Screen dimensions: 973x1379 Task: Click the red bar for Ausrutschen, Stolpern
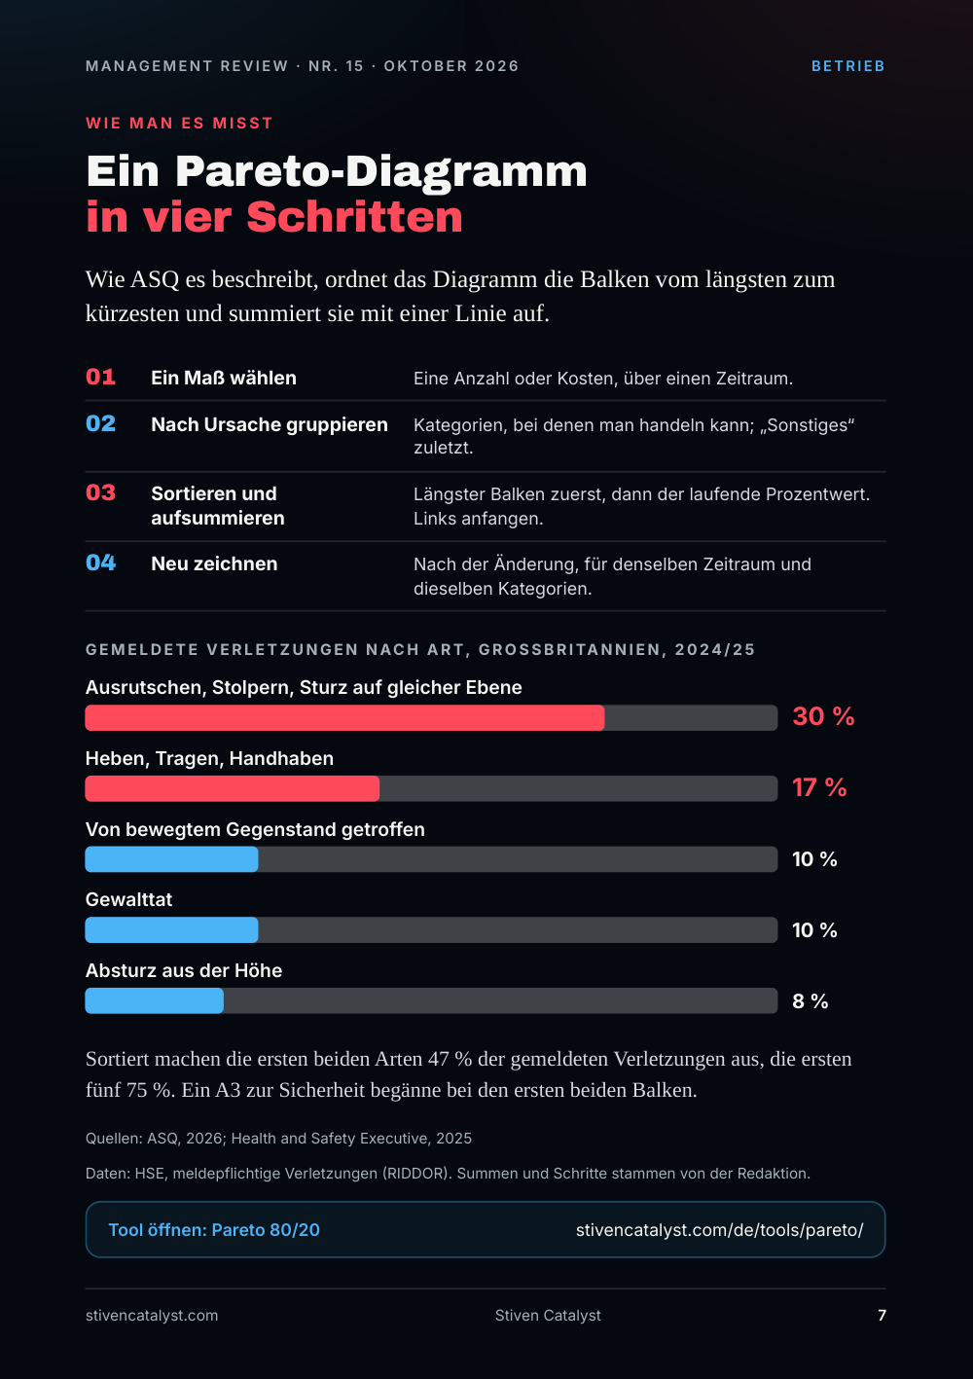click(x=344, y=718)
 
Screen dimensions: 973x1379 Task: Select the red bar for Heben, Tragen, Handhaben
click(x=232, y=788)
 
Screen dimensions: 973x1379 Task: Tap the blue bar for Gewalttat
click(x=171, y=929)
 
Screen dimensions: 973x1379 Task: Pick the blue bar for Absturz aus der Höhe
click(x=155, y=1000)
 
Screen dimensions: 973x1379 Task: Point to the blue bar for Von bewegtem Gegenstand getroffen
click(x=171, y=858)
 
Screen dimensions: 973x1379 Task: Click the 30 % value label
click(x=823, y=716)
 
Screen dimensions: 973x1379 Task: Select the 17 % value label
click(x=819, y=787)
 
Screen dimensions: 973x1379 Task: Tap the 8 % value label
click(x=810, y=1001)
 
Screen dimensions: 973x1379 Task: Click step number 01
click(x=101, y=377)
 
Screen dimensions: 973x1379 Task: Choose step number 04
click(x=101, y=562)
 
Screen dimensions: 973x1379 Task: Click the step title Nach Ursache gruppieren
click(x=270, y=424)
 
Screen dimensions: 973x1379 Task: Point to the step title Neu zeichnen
click(x=214, y=563)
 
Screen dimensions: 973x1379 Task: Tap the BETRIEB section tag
click(x=848, y=66)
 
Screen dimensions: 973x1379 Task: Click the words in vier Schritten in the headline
click(x=274, y=217)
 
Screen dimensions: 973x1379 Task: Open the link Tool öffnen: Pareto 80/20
click(x=214, y=1229)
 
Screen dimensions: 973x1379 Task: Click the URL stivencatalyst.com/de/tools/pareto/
click(x=719, y=1229)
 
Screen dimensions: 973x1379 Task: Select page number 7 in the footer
click(x=882, y=1315)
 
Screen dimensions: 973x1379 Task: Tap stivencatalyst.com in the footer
click(x=152, y=1315)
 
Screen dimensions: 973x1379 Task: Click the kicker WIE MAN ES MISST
click(x=179, y=124)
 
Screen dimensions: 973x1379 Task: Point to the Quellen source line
click(x=279, y=1139)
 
